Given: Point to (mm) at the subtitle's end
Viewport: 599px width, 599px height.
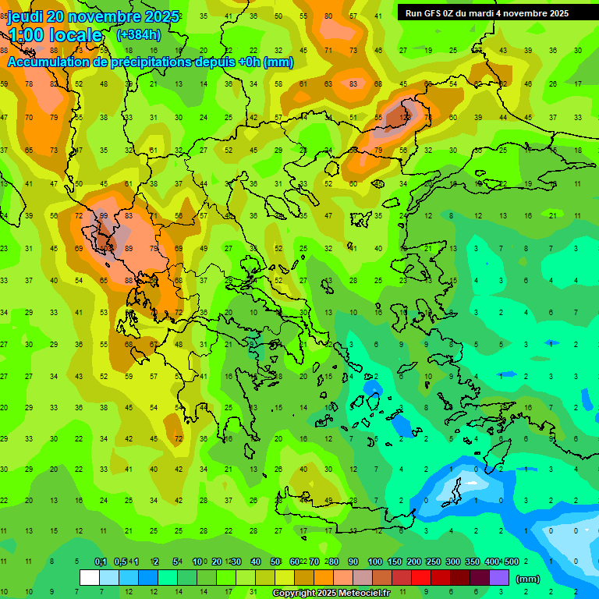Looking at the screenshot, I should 278,62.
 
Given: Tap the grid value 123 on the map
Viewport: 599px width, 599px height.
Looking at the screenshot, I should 404,117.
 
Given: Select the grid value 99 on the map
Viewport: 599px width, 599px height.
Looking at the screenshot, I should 103,216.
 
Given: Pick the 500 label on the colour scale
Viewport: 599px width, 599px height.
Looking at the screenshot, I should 511,562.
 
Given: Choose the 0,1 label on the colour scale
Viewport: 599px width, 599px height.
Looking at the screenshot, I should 100,562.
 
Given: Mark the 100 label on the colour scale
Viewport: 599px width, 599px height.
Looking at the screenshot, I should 374,562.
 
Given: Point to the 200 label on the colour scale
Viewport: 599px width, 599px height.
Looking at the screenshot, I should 413,562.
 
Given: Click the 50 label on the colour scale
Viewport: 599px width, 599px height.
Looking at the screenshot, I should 275,562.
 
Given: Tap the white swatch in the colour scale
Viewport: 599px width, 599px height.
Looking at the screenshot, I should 90,578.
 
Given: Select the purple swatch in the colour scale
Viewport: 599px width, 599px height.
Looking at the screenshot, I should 499,578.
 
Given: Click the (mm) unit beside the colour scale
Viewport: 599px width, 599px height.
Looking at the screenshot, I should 529,579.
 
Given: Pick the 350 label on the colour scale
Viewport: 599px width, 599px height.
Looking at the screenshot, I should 472,562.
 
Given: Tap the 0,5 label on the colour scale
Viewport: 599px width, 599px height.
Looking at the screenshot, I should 120,562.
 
